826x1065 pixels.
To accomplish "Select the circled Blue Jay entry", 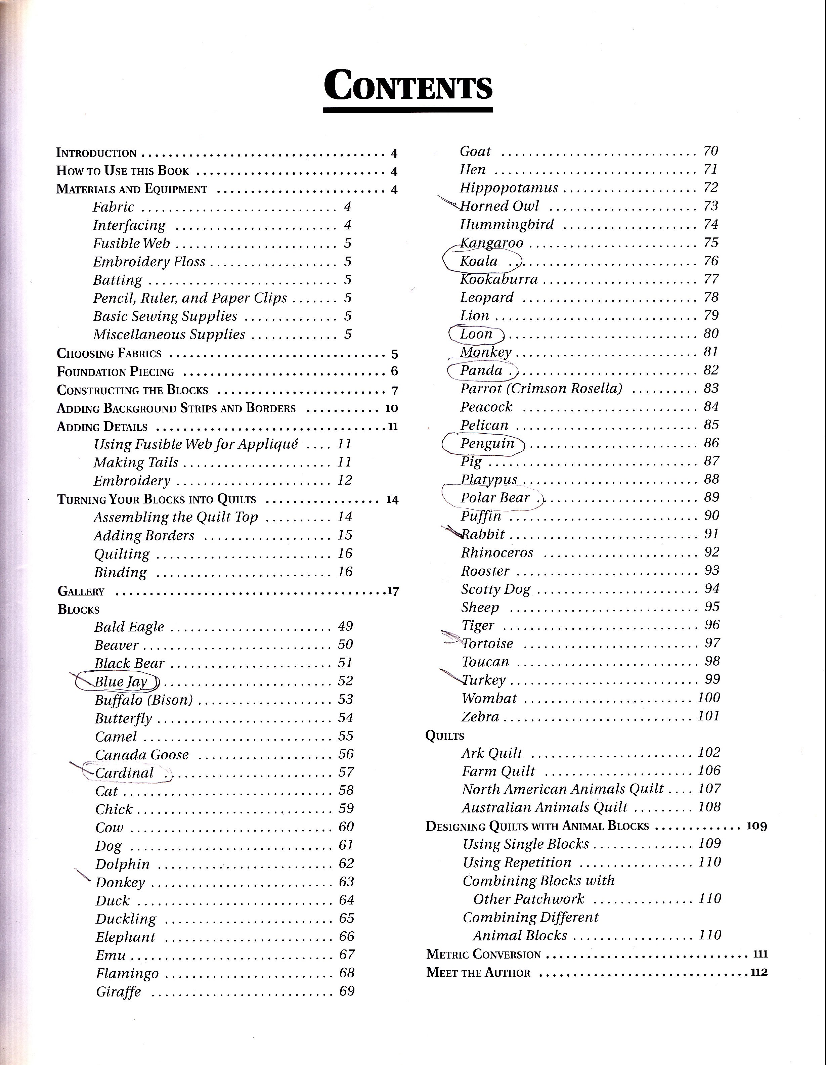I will point(121,681).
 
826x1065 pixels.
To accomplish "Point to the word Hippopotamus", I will point(509,188).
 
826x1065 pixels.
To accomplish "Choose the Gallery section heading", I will point(81,591).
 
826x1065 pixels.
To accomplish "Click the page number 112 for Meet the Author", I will point(759,972).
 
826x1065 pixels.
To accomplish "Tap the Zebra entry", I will point(480,717).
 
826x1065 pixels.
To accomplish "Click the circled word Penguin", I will point(487,444).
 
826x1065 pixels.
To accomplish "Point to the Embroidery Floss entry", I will point(149,262).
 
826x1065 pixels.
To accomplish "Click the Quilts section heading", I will point(445,736).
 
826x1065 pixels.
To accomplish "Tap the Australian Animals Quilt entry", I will point(545,807).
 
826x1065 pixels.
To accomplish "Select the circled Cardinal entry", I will point(124,773).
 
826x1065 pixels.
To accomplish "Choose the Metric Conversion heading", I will point(484,954).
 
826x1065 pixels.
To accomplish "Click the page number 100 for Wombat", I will point(708,698).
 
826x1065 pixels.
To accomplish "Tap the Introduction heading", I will point(96,153).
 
